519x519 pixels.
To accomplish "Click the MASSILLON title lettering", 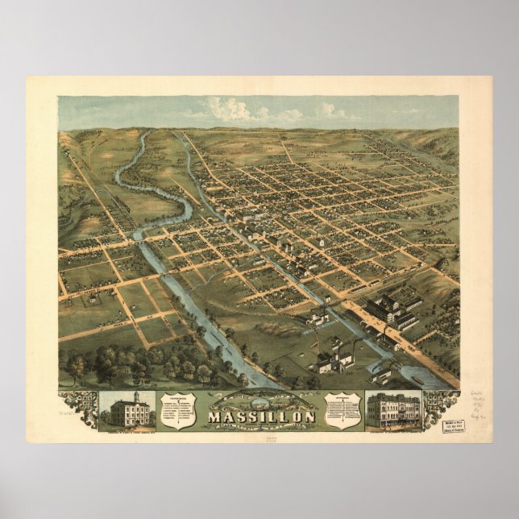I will click(252, 417).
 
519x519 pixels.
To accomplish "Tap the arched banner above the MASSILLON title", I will click(251, 400).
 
